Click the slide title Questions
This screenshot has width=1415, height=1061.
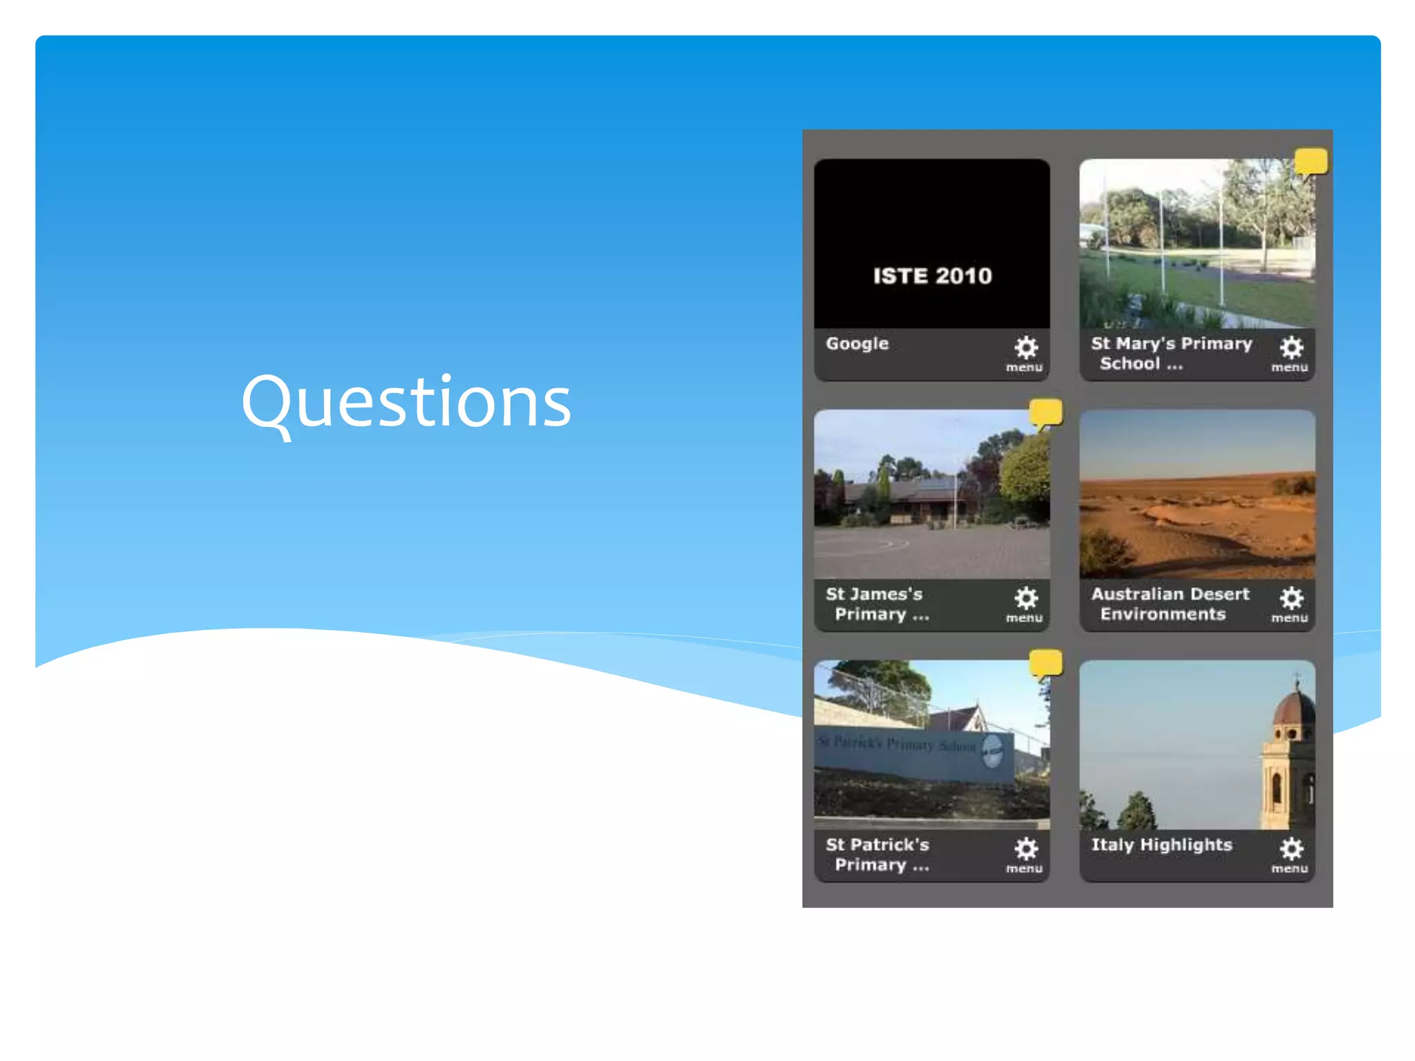(x=406, y=402)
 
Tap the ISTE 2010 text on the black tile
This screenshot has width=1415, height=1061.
(x=932, y=276)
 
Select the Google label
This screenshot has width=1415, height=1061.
(x=857, y=343)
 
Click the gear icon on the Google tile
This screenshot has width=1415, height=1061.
(x=1026, y=347)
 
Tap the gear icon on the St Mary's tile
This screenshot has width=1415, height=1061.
(x=1291, y=347)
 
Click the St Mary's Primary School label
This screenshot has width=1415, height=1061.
(x=1171, y=353)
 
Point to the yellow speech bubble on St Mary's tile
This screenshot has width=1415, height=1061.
(x=1311, y=162)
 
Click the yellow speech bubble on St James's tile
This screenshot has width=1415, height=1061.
(x=1045, y=412)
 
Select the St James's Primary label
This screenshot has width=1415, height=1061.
(x=876, y=604)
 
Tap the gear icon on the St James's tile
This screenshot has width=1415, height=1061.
(x=1026, y=598)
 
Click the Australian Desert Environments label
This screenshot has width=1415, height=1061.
(x=1170, y=604)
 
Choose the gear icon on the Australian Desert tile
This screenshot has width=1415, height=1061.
(x=1291, y=598)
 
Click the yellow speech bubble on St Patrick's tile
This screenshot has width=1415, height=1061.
(x=1045, y=663)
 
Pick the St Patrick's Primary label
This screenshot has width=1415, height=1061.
(x=877, y=854)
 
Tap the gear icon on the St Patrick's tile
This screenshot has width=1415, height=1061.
(x=1026, y=848)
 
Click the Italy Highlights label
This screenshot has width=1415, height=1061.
(x=1161, y=845)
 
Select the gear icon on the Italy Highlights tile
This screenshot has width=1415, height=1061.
(x=1291, y=848)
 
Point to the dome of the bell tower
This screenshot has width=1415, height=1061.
(x=1294, y=709)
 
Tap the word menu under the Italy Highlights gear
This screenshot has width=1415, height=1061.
(x=1289, y=869)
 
